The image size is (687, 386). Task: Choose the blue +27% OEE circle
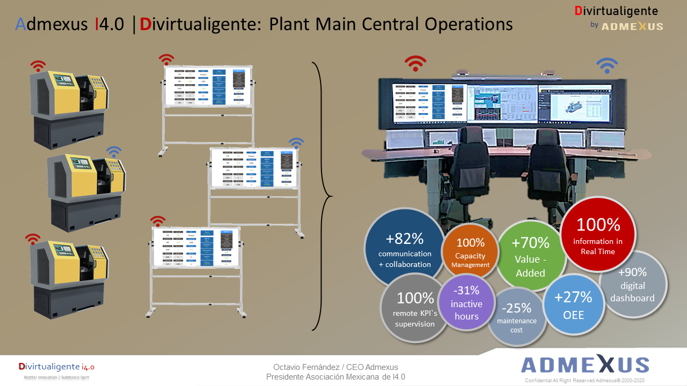573,304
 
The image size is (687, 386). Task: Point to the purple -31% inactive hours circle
466,303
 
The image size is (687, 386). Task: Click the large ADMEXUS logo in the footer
585,365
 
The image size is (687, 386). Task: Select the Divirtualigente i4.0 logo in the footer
56,367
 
